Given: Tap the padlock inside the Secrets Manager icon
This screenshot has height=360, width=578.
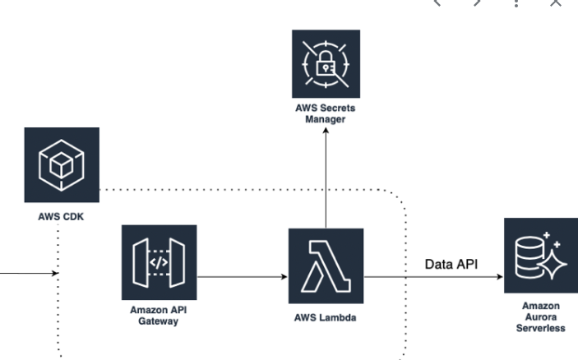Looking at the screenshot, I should [x=326, y=64].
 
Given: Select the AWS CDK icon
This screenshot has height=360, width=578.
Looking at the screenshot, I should [x=62, y=164].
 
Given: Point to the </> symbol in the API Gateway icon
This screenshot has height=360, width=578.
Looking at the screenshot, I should [x=158, y=263].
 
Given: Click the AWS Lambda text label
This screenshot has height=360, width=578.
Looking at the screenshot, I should [x=326, y=318].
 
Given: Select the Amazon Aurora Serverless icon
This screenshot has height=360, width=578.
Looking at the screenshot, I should [x=540, y=256].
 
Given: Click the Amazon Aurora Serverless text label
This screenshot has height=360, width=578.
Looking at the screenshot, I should [x=539, y=316].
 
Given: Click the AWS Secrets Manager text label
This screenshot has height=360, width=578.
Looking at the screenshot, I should [x=326, y=114].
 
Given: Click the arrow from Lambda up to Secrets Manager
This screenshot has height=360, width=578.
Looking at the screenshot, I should [x=326, y=181].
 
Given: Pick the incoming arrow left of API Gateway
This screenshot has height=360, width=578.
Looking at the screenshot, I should [x=25, y=272].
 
